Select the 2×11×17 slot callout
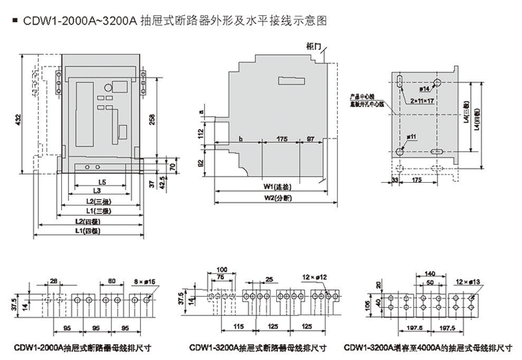coord(423,100)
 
